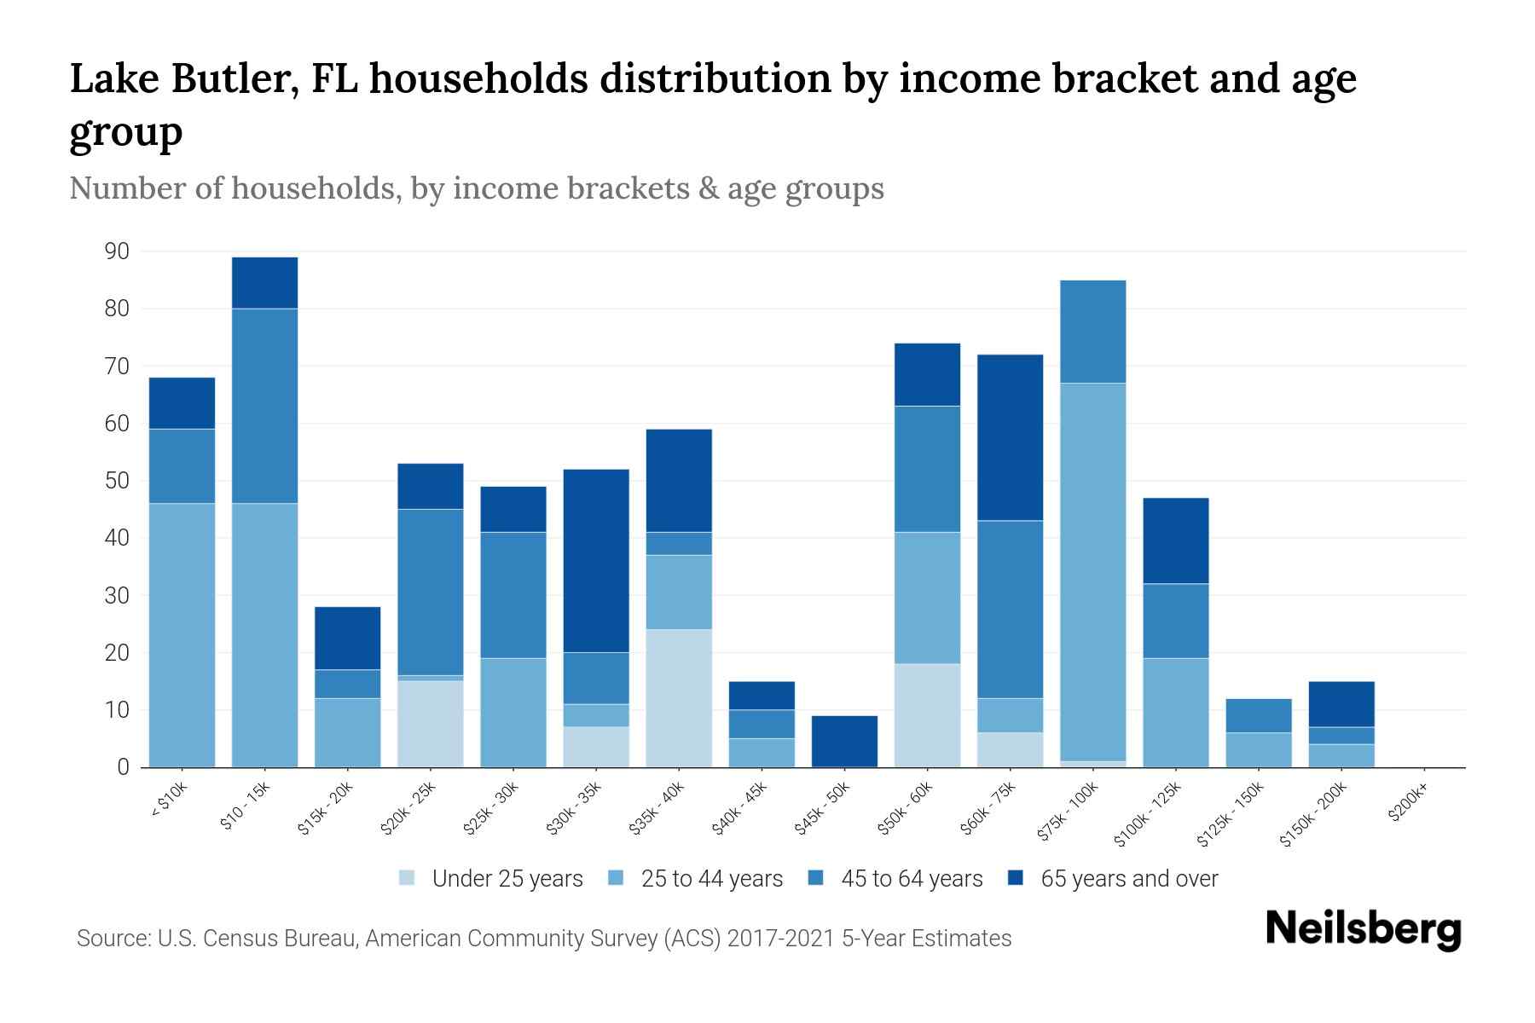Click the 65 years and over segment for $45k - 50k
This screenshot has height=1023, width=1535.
pyautogui.click(x=844, y=741)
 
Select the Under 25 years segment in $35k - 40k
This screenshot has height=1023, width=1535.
pyautogui.click(x=679, y=698)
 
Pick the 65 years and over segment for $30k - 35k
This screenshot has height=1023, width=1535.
pyautogui.click(x=596, y=560)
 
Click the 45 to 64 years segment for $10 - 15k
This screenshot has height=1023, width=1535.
pyautogui.click(x=264, y=406)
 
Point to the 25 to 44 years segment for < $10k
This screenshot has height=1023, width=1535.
pyautogui.click(x=182, y=635)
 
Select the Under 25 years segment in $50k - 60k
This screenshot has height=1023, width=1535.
pyautogui.click(x=927, y=715)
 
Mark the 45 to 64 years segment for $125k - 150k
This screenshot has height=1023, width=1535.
pyautogui.click(x=1259, y=715)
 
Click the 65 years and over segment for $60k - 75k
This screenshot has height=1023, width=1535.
pyautogui.click(x=1011, y=437)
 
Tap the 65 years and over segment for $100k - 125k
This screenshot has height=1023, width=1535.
pyautogui.click(x=1176, y=540)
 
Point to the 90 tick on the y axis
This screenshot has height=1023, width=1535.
pyautogui.click(x=117, y=251)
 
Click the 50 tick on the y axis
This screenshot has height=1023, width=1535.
pyautogui.click(x=117, y=481)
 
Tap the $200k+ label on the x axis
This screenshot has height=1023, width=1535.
pyautogui.click(x=1408, y=804)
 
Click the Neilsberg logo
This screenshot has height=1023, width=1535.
pyautogui.click(x=1363, y=929)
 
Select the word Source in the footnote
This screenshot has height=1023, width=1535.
pyautogui.click(x=111, y=939)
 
